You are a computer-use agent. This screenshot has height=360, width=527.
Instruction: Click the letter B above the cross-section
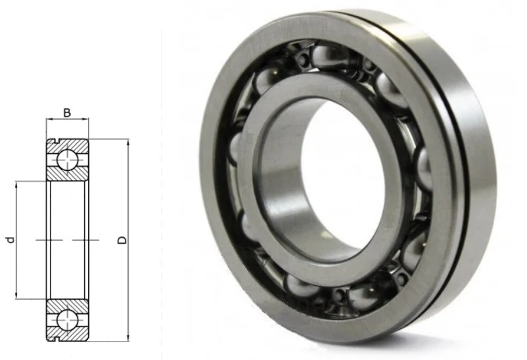click(67, 113)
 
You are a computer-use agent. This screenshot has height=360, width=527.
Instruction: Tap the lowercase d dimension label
click(11, 240)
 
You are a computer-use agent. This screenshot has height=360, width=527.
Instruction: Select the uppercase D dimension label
click(123, 240)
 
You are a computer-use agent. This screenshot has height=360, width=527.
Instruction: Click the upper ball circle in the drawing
click(67, 160)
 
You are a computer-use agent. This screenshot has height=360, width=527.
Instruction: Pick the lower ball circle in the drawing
click(67, 321)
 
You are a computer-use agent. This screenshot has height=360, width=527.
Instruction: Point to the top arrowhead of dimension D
click(128, 143)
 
